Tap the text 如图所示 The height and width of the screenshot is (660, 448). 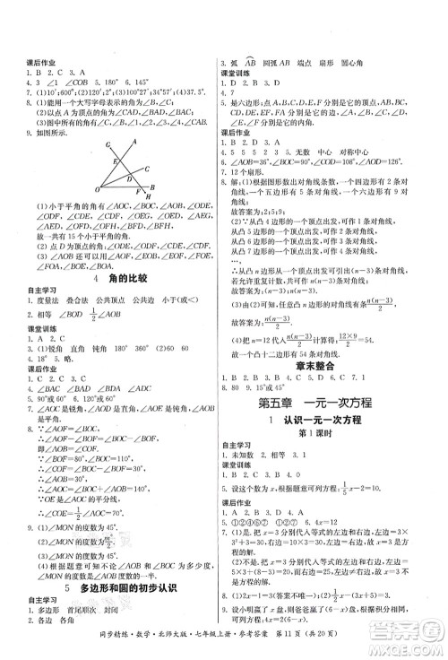coord(39,129)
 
